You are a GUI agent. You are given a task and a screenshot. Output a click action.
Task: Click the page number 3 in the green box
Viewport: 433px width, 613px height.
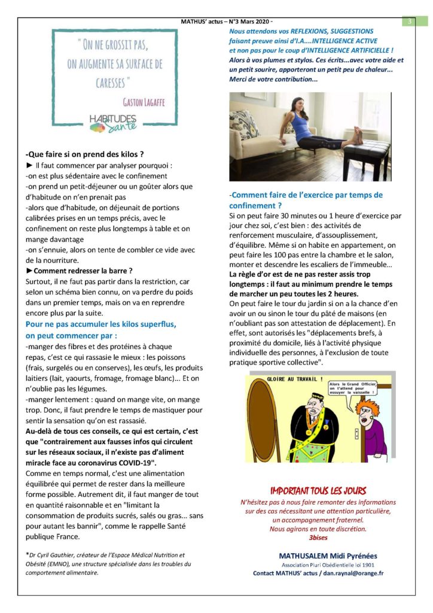pos(410,22)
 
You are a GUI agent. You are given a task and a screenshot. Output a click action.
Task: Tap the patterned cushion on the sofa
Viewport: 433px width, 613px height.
pos(245,124)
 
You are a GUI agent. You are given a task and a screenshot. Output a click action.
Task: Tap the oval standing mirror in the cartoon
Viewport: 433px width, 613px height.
pos(269,425)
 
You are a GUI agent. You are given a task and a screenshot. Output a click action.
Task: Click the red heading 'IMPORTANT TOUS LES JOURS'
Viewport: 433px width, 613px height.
pos(318,490)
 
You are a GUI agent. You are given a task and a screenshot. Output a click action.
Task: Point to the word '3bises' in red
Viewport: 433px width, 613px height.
pos(318,537)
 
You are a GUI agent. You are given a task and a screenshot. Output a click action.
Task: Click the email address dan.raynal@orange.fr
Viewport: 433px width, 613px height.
pos(353,573)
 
